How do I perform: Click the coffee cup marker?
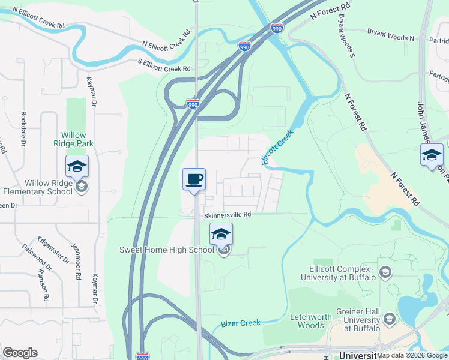click(194, 179)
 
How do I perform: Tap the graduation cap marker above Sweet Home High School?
click(221, 234)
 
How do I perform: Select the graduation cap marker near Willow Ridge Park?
click(77, 166)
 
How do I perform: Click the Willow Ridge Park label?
click(73, 140)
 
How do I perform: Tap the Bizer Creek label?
click(240, 323)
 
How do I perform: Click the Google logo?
click(20, 353)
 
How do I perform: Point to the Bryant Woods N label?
click(391, 37)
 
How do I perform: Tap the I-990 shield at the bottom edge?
click(140, 355)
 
